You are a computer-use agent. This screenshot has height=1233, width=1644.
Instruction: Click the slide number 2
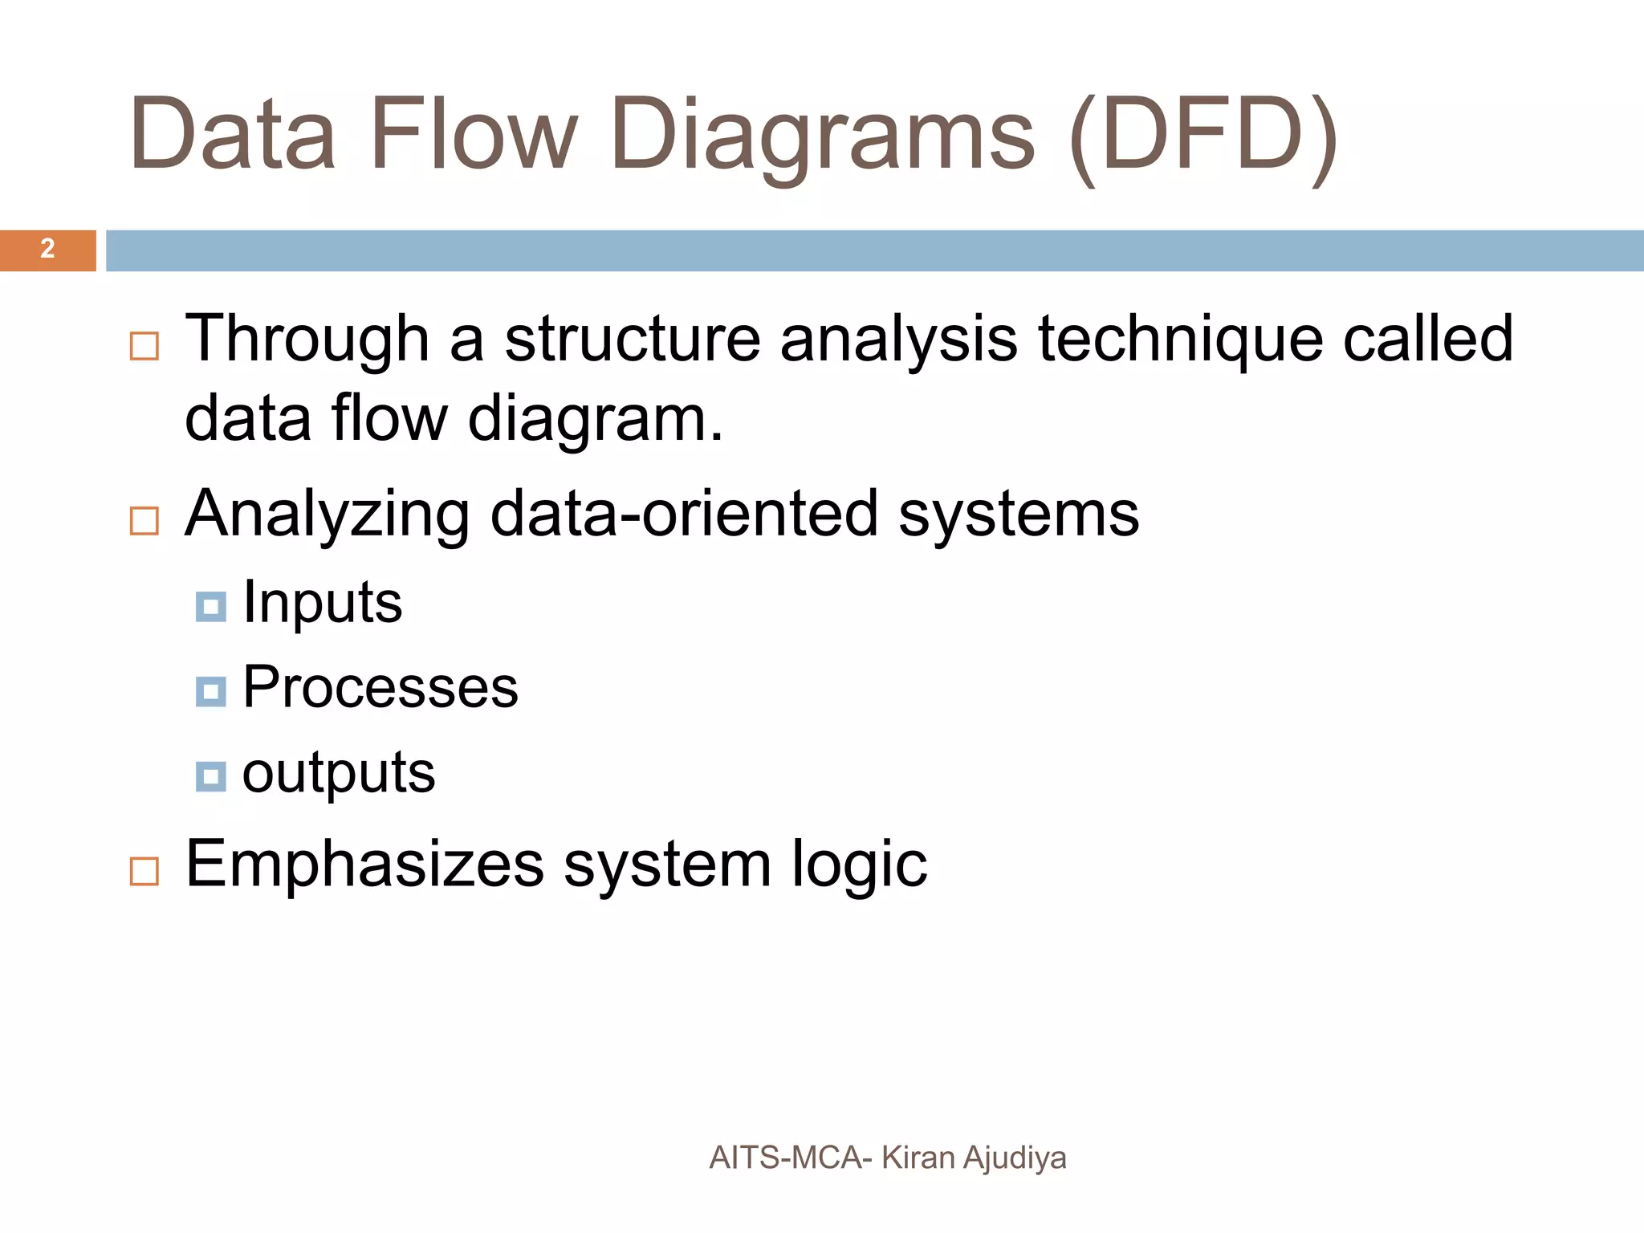tap(47, 249)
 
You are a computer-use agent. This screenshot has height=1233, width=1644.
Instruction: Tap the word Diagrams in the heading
tap(822, 138)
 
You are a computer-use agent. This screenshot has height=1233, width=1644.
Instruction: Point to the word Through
tap(307, 340)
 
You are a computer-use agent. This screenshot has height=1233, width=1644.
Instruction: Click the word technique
tap(1180, 340)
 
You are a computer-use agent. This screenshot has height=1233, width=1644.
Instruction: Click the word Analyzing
tap(328, 515)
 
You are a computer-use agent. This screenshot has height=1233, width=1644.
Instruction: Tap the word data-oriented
tap(684, 514)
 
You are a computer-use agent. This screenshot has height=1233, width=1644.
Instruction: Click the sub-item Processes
tap(380, 688)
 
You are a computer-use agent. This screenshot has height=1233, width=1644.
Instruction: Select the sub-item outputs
tap(339, 774)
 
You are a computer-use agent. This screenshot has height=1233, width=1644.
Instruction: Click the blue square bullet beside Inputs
tap(211, 607)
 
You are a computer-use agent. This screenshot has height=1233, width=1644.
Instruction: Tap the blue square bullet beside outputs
tap(211, 776)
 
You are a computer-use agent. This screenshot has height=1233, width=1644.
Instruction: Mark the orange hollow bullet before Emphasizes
tap(144, 871)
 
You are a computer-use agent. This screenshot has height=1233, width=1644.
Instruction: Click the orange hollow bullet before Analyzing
tap(144, 521)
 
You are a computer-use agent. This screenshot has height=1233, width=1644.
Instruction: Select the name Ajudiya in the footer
tap(1015, 1158)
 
